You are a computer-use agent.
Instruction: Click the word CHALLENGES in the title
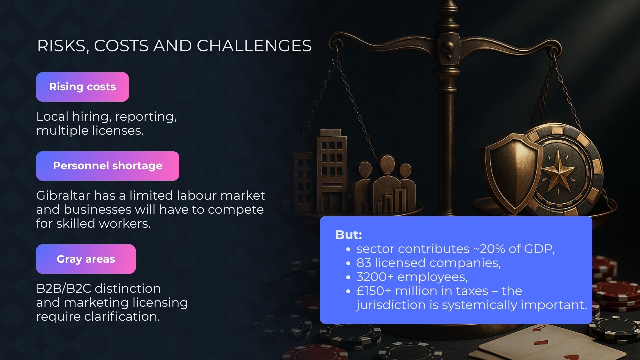point(254,46)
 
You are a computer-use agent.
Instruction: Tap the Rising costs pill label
point(82,87)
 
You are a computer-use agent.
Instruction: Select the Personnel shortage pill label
point(108,166)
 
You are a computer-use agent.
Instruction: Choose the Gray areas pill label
point(86,259)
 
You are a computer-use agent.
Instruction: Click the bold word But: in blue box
point(349,235)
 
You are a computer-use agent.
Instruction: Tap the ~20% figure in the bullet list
point(491,249)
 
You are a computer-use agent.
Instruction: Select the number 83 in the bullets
point(364,263)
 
